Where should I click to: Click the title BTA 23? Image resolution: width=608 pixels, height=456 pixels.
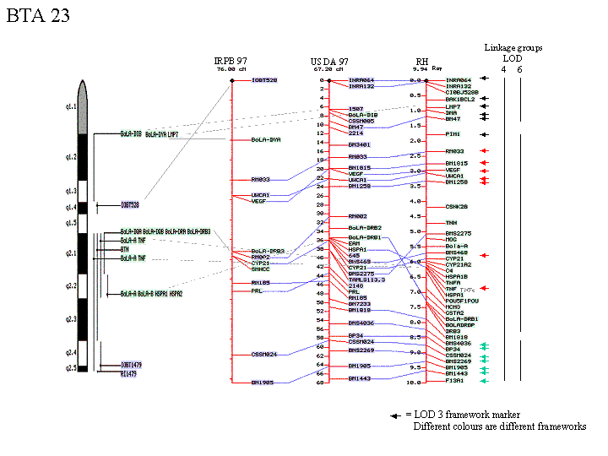(38, 16)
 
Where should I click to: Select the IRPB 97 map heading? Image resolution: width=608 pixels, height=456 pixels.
(231, 61)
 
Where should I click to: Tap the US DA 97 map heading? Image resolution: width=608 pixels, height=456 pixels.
(329, 61)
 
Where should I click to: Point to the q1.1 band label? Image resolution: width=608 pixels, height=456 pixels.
(70, 107)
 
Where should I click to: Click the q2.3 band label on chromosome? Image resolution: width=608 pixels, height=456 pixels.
(70, 318)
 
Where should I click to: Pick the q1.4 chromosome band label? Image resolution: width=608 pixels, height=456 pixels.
(70, 206)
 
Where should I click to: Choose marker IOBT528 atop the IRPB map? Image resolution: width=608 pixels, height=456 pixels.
(263, 80)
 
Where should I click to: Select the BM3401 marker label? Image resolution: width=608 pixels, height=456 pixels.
(360, 144)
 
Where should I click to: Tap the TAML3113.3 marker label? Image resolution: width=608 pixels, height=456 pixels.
(366, 280)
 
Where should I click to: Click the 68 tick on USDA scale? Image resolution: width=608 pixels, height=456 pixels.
(322, 382)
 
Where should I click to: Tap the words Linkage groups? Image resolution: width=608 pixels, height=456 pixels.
(513, 48)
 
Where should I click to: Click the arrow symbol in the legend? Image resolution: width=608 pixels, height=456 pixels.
(394, 415)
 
